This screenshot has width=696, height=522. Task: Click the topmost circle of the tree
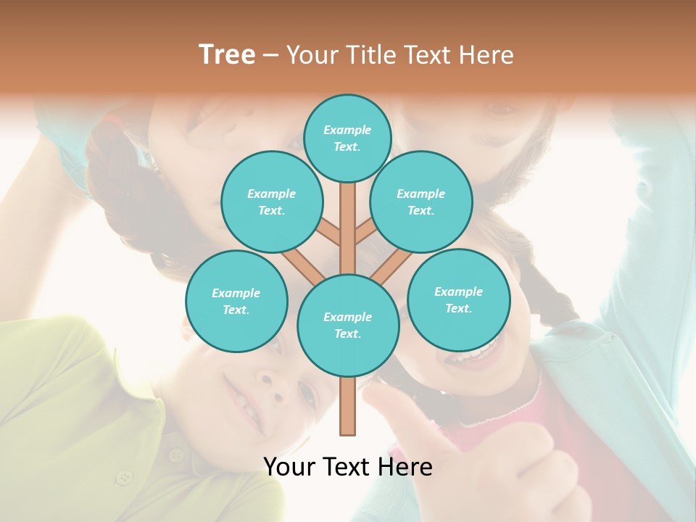(347, 138)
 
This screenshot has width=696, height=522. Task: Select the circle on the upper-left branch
(271, 202)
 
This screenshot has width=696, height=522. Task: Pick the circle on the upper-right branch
(420, 202)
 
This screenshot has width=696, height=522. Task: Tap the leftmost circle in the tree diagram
(236, 301)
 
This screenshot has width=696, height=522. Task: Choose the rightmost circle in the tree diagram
(458, 299)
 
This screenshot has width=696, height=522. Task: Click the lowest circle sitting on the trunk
(348, 325)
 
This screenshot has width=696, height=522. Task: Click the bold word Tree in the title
(227, 54)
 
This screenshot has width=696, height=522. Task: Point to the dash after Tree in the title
(270, 55)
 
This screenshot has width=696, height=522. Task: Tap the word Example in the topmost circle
(347, 130)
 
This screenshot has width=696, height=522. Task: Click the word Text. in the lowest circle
(347, 333)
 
